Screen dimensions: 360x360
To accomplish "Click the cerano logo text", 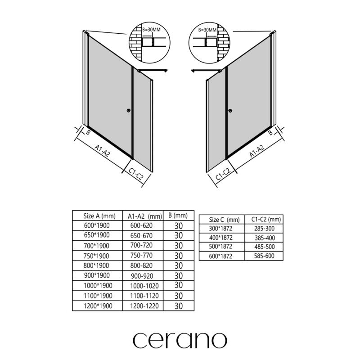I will [180, 338].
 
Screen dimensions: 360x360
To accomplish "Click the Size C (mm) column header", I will [225, 220].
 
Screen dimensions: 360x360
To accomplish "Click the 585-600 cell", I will [264, 256].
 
